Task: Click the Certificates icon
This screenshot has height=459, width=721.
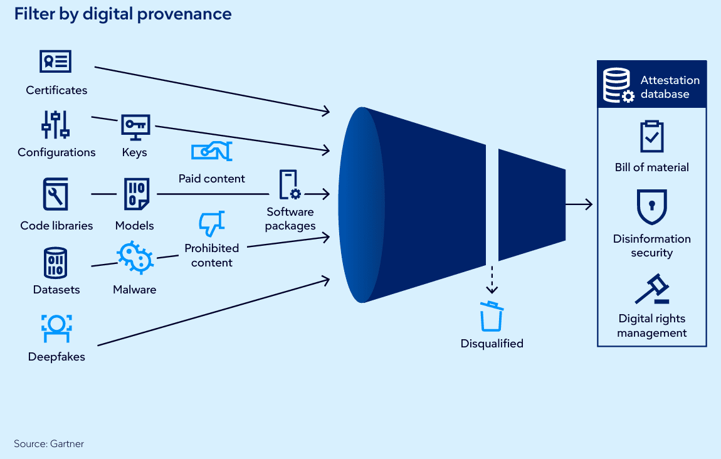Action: tap(56, 61)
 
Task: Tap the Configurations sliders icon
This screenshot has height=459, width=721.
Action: tap(56, 125)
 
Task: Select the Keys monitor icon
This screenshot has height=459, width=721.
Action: tap(135, 127)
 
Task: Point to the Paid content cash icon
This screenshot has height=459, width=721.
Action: tap(211, 151)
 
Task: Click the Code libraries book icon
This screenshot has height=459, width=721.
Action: tap(56, 194)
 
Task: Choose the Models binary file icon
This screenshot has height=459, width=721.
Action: tap(137, 194)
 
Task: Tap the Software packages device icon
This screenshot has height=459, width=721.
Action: tap(290, 184)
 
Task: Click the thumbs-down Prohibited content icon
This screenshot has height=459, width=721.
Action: tap(211, 223)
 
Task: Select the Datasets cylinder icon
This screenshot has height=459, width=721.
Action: tap(56, 263)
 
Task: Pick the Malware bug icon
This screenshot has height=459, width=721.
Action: tap(135, 258)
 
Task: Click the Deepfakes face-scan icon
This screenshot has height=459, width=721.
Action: tap(56, 329)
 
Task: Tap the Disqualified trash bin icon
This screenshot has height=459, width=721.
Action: tap(492, 317)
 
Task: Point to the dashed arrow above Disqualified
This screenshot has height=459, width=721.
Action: tap(492, 280)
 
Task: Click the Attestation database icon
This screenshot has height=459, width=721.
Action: tap(618, 85)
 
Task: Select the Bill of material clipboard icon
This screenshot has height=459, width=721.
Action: tap(652, 136)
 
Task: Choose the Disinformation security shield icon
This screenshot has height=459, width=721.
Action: tap(652, 207)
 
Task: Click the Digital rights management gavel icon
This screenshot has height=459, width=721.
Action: tap(653, 289)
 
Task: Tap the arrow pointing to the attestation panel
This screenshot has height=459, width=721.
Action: tap(579, 204)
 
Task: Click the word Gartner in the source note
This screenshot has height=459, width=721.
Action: tap(67, 444)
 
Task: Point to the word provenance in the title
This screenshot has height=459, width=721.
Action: tap(184, 14)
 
